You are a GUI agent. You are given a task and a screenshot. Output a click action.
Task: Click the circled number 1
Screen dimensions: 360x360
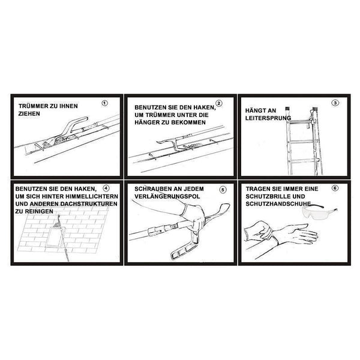tap(104, 103)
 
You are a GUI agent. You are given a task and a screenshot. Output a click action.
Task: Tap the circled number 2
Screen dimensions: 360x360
tap(219, 103)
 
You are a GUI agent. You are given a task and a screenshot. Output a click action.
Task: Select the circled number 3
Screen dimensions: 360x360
tap(335, 103)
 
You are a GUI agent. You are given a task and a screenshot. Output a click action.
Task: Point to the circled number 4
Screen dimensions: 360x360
tap(106, 188)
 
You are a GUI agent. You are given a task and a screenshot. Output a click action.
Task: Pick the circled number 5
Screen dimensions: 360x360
tap(223, 190)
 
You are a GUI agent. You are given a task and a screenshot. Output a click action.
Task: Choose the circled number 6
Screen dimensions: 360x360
tap(335, 188)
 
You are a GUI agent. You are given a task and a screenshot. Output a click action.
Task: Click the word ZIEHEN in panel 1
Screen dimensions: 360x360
tap(29, 114)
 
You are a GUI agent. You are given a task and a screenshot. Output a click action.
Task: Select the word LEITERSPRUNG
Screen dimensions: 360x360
tap(268, 118)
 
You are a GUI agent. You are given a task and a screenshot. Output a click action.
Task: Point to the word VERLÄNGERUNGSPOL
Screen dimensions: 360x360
tap(167, 197)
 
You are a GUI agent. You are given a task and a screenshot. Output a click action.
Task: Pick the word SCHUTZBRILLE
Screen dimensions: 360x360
tap(269, 197)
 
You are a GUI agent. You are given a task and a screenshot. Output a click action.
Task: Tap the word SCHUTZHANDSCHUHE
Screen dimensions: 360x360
tap(278, 204)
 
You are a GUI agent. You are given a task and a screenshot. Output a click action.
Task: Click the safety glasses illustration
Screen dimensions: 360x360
tap(320, 212)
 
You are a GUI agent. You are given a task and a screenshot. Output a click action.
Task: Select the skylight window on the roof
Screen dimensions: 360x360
tap(55, 237)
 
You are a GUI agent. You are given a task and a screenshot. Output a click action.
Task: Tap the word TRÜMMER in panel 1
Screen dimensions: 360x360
tap(34, 106)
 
